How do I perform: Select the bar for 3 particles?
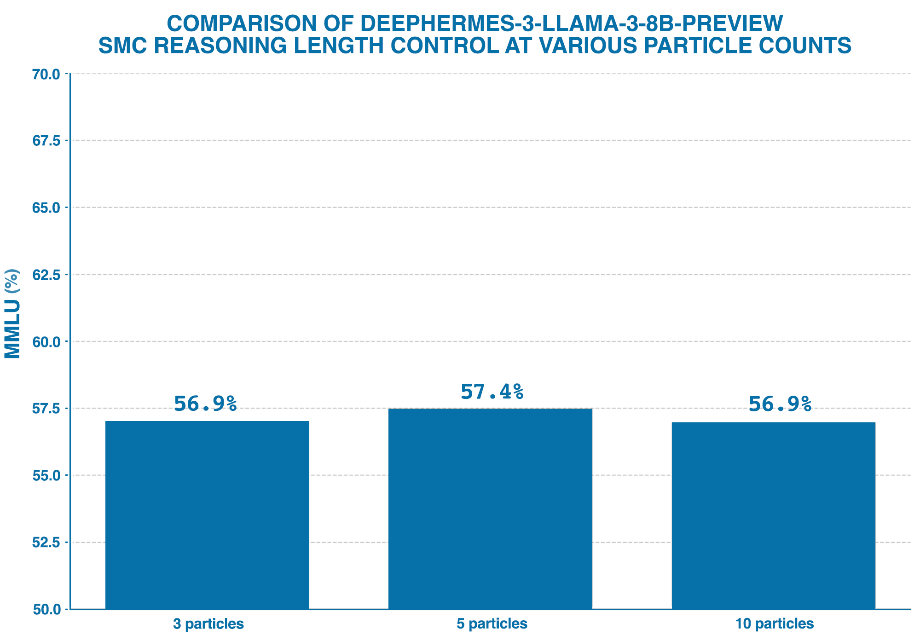(x=207, y=515)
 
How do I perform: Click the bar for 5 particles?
(x=490, y=508)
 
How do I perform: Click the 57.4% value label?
(x=492, y=392)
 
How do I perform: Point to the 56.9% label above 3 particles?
(x=205, y=404)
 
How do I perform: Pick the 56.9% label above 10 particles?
(x=780, y=404)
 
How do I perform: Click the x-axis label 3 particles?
(x=208, y=624)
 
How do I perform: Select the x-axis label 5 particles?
(x=492, y=624)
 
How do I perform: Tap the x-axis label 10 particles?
(x=774, y=624)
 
